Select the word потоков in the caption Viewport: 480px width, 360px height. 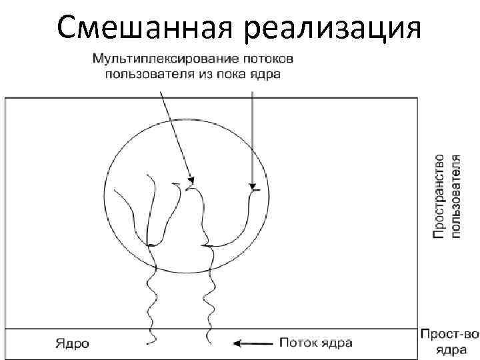[273, 59]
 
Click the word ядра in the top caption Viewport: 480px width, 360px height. [266, 74]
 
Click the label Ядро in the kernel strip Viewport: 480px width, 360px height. [72, 344]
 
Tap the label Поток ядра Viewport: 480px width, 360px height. [315, 343]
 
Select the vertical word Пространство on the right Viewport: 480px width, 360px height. [439, 196]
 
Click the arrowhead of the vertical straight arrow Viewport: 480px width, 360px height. [253, 185]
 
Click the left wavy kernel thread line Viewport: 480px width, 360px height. [149, 300]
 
